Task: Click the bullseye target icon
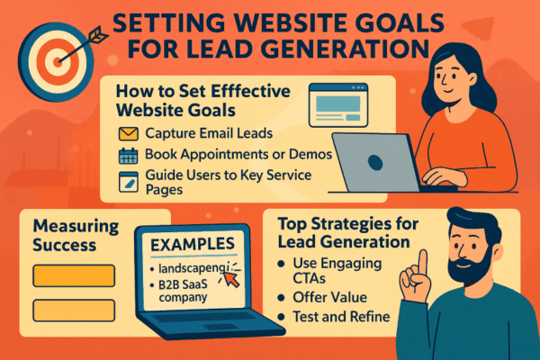point(55,53)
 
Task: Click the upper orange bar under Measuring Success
point(74,275)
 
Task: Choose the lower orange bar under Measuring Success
point(74,311)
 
